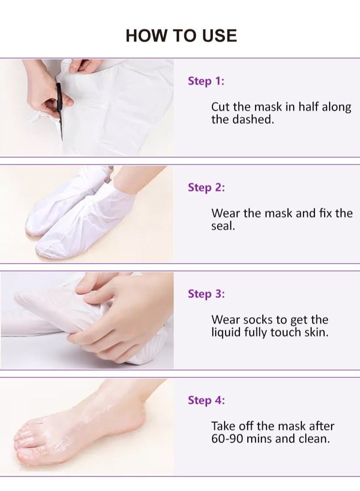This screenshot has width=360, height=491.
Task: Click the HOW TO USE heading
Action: pyautogui.click(x=181, y=36)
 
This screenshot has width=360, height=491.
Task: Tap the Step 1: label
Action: pyautogui.click(x=206, y=81)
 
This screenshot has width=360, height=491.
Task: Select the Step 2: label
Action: pyautogui.click(x=206, y=187)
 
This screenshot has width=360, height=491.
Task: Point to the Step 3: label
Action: pyautogui.click(x=206, y=294)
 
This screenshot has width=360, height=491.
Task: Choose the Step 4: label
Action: pyautogui.click(x=206, y=400)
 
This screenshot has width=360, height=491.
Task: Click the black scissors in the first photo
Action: pyautogui.click(x=60, y=109)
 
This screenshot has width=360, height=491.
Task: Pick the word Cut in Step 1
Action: pyautogui.click(x=220, y=107)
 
